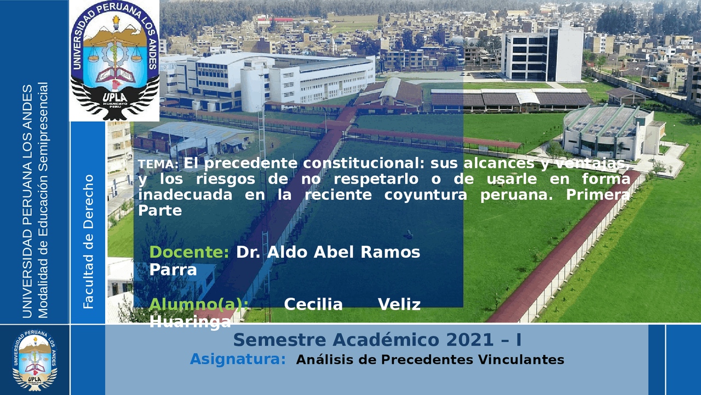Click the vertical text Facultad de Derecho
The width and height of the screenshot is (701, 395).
pos(88,241)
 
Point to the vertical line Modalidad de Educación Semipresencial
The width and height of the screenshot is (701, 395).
pos(43,201)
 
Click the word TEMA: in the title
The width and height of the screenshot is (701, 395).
pos(158,165)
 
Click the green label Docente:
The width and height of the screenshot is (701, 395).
pos(189,252)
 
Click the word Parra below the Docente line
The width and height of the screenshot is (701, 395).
pos(173,270)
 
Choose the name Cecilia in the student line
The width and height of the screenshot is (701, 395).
pos(313,304)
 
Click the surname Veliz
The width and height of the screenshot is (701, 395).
pos(399,304)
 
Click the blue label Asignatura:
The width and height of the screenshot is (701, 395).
pos(238,360)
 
